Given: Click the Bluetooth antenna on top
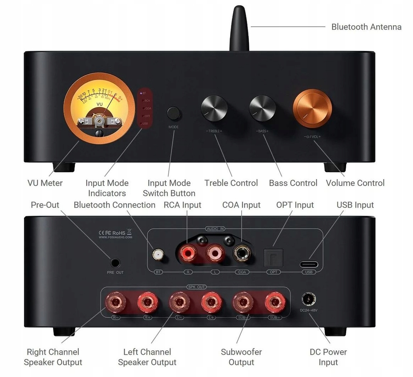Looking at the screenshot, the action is click(239, 28).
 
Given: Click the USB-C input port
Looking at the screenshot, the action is click(309, 264).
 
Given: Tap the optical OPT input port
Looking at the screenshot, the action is click(274, 259).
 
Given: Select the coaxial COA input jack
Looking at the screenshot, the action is click(242, 254).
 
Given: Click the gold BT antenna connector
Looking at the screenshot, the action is click(158, 254).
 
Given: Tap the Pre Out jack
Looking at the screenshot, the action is click(115, 263).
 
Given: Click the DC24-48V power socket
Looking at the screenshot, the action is click(308, 300).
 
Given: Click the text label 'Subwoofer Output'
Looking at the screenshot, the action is click(241, 357).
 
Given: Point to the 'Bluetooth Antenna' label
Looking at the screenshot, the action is click(366, 27).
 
